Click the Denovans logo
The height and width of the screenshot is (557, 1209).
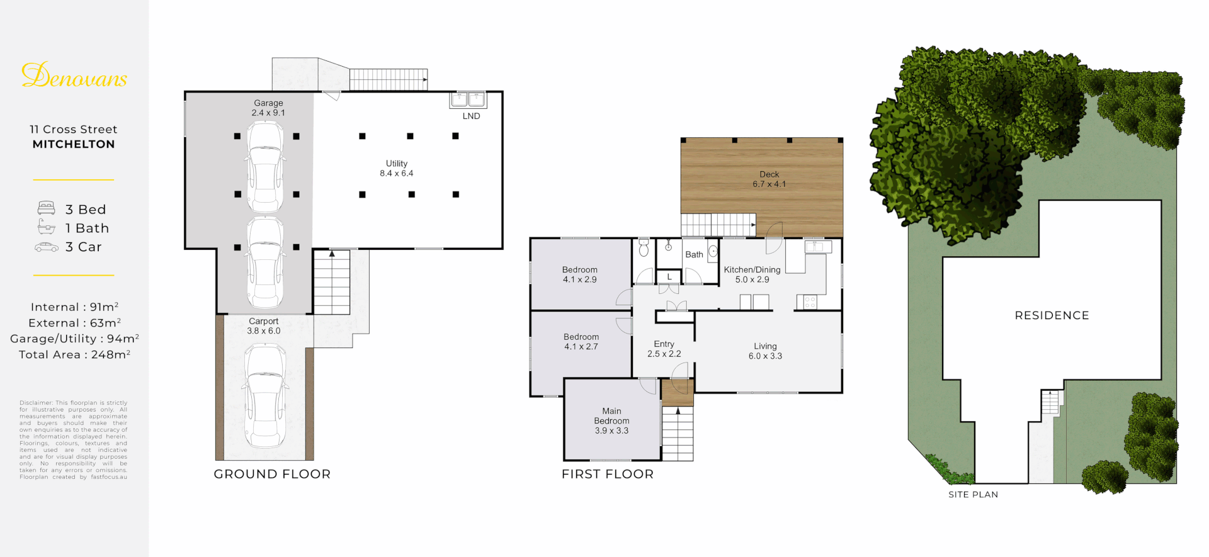tap(74, 76)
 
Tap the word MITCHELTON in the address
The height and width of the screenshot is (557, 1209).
tap(74, 144)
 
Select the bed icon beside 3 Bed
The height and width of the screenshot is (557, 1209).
tap(46, 208)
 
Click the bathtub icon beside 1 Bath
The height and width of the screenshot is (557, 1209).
tap(46, 227)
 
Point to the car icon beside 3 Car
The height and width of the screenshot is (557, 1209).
tap(46, 247)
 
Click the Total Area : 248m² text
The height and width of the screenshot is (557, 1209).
tap(74, 354)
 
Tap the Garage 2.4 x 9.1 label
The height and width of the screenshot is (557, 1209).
tap(268, 108)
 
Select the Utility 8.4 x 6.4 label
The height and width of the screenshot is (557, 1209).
tap(397, 168)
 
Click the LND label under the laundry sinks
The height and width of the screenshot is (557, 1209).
tap(471, 116)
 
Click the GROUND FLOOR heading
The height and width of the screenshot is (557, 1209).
tap(272, 474)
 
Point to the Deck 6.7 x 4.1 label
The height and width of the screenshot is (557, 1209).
tap(769, 179)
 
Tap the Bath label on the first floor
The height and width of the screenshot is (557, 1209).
tap(694, 255)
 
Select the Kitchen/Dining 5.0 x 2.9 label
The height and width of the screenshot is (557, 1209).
tap(752, 274)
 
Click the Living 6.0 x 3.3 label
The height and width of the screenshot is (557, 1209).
tap(765, 351)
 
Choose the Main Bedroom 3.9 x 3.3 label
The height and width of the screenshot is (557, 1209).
tap(611, 420)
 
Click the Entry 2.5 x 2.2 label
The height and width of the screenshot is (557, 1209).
tap(664, 349)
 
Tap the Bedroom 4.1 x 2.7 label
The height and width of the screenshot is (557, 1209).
tap(581, 342)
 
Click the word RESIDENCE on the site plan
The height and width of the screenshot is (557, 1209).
tap(1052, 315)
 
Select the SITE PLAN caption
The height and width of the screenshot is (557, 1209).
tap(973, 495)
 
